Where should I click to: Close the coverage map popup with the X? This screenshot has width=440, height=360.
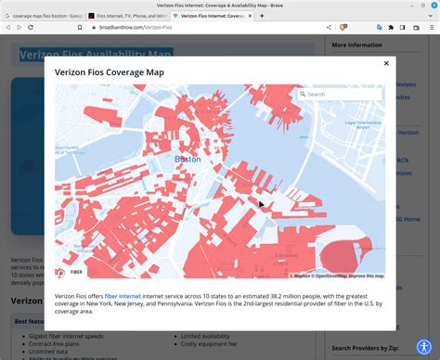385,64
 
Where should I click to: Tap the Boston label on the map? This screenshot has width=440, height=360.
188,159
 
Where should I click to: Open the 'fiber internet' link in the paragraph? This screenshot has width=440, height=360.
123,296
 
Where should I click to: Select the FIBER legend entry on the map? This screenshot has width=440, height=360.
77,273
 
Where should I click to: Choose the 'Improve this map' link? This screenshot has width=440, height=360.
366,276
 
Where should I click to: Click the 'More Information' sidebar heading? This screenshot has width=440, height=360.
357,45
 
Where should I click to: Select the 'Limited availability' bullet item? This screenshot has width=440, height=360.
210,336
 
